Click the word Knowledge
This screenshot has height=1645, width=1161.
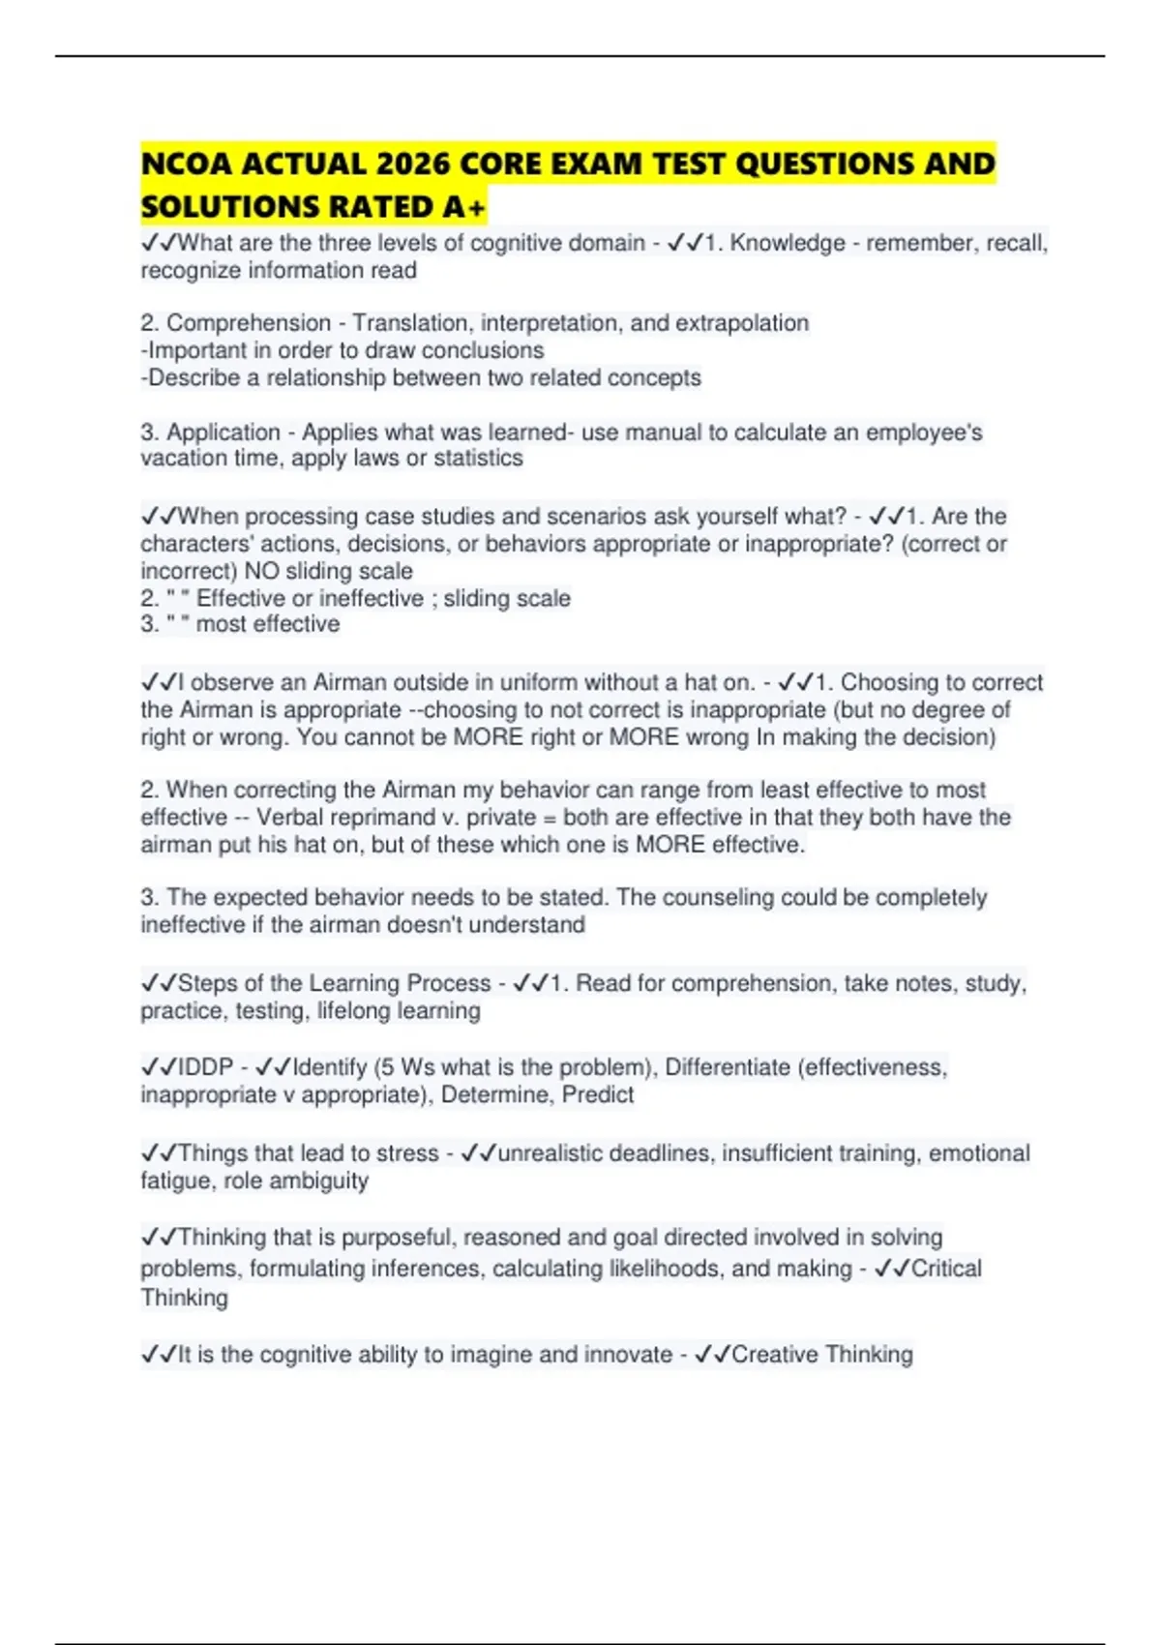pos(788,243)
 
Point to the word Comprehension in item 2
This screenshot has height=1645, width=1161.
pos(249,323)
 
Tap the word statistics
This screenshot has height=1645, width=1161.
pos(478,459)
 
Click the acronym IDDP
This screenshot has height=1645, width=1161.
pos(206,1067)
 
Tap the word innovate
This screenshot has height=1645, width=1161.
pos(629,1355)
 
